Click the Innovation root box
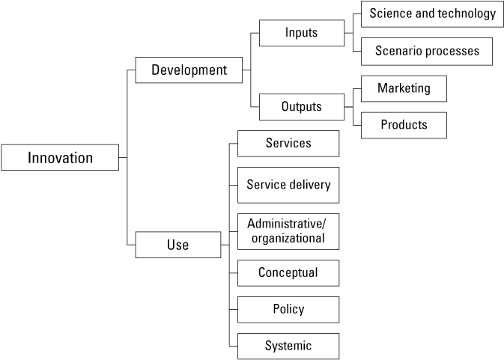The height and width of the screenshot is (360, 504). [60, 158]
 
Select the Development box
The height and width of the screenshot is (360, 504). [189, 70]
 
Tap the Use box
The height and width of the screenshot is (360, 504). [177, 245]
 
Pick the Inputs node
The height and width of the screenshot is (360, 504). [302, 33]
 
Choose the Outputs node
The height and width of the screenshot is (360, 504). [302, 106]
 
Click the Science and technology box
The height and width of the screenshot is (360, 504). [432, 13]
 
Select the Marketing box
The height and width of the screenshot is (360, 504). [404, 88]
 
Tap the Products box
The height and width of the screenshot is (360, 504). [404, 125]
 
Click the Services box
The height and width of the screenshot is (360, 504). [288, 142]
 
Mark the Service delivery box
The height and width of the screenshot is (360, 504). [288, 184]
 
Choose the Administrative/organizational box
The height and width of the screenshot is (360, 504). [288, 231]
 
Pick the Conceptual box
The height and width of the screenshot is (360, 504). [288, 272]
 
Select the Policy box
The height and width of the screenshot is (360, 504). [288, 309]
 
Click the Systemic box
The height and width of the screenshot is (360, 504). [288, 346]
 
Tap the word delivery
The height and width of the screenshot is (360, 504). [309, 184]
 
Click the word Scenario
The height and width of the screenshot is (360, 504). [398, 52]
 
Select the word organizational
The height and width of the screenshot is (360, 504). [288, 239]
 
